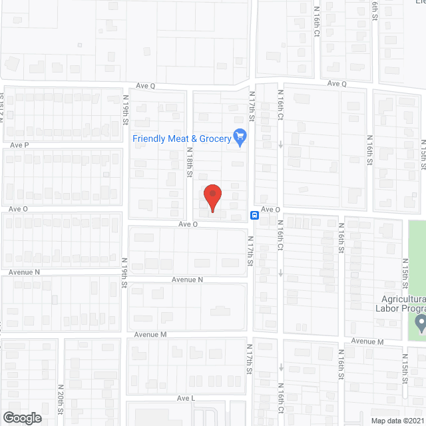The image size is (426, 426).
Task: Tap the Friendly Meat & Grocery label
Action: coord(181,138)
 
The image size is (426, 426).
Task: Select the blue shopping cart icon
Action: coord(241,138)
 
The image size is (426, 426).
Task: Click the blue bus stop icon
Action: coord(254,215)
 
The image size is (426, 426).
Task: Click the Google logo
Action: coord(21,418)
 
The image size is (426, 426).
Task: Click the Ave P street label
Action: coord(19,144)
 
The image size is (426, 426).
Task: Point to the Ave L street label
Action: coord(186,398)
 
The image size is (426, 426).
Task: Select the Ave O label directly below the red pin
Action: coord(188,224)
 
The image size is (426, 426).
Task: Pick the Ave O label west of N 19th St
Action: coord(19,208)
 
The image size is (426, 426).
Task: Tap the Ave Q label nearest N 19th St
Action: coord(145,86)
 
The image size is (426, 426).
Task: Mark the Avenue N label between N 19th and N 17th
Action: coord(187,280)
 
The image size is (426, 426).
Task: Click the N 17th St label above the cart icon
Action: coord(252,106)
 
